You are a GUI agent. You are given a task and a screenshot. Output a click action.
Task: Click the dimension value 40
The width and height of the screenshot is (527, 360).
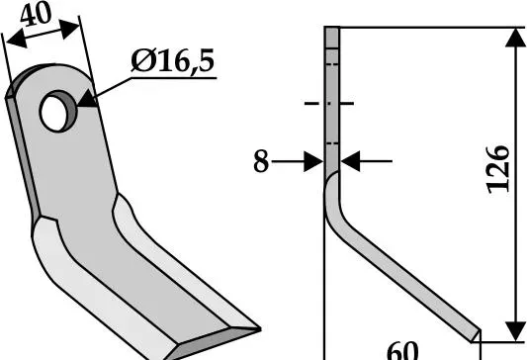pyautogui.click(x=36, y=15)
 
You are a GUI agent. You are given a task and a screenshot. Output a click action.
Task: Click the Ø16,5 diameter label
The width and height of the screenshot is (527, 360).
pyautogui.click(x=172, y=61)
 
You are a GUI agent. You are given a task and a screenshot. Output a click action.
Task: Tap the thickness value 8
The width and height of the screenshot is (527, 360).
pyautogui.click(x=261, y=161)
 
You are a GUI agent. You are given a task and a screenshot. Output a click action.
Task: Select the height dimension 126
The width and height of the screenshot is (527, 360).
pyautogui.click(x=498, y=170)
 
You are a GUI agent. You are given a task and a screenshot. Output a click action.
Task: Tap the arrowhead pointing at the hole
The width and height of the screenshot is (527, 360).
pyautogui.click(x=87, y=100)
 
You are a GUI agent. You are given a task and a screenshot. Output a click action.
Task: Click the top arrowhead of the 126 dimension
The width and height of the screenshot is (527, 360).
pyautogui.click(x=516, y=38)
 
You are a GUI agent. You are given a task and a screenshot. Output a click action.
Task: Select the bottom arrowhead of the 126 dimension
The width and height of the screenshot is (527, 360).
pyautogui.click(x=516, y=331)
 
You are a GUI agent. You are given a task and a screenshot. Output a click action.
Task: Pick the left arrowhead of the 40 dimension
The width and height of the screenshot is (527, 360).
pyautogui.click(x=16, y=39)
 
